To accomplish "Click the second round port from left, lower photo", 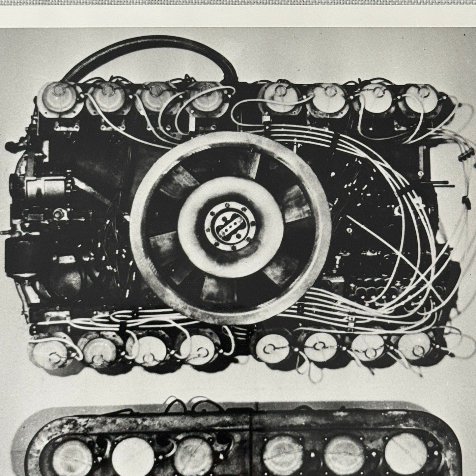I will point(130,456).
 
